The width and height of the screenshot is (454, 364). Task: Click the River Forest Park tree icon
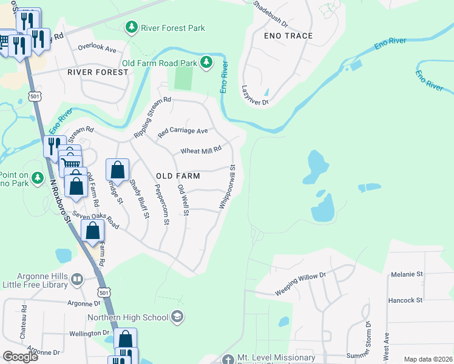(131, 27)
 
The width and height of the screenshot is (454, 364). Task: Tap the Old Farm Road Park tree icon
(207, 62)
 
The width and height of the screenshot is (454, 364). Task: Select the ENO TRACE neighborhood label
(288, 36)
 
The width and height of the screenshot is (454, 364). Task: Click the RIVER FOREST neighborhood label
(98, 72)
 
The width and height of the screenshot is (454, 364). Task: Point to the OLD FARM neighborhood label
(178, 175)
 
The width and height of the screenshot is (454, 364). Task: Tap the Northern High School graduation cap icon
(177, 315)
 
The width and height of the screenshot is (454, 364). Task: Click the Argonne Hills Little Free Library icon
(77, 280)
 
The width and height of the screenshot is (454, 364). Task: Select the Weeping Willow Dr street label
(301, 276)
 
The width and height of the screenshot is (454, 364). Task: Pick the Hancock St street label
(405, 300)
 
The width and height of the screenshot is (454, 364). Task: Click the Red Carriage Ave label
(183, 131)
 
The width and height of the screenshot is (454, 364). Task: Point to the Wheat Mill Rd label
(201, 150)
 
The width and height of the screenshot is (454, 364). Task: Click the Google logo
(21, 357)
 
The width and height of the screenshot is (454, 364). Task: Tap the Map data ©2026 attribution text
(428, 359)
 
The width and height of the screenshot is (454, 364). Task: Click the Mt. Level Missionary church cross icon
(228, 360)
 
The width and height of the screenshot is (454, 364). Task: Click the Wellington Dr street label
(89, 333)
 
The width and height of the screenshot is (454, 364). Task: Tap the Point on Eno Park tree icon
(38, 178)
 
